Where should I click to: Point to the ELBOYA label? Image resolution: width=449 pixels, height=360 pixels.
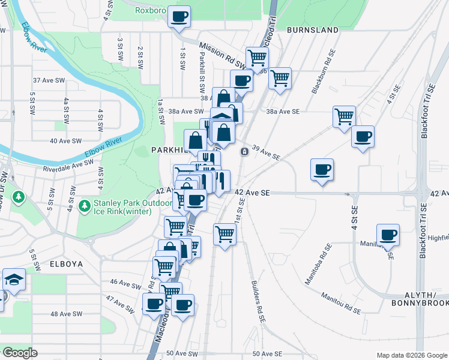(x=66, y=263)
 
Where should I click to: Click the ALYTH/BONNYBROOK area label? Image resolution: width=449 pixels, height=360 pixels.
(x=428, y=301)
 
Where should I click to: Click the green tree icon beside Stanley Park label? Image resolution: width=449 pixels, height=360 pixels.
(x=85, y=206)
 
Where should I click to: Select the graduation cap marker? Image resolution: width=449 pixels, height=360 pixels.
(x=14, y=280)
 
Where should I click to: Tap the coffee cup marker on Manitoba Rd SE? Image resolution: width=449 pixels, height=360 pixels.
(x=388, y=235)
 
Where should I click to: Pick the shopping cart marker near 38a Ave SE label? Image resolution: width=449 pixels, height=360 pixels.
(x=344, y=116)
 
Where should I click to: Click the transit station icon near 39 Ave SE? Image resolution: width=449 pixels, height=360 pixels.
(x=244, y=151)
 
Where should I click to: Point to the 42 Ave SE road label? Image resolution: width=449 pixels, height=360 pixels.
(x=253, y=192)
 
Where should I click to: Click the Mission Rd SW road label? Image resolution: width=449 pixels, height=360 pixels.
(x=222, y=55)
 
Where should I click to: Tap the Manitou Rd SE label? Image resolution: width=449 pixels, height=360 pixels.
(x=340, y=303)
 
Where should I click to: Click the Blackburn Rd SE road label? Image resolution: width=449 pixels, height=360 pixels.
(x=321, y=78)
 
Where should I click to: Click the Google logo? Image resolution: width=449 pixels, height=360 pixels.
(x=19, y=353)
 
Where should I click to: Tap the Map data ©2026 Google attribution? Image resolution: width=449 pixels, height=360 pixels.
(x=411, y=355)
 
